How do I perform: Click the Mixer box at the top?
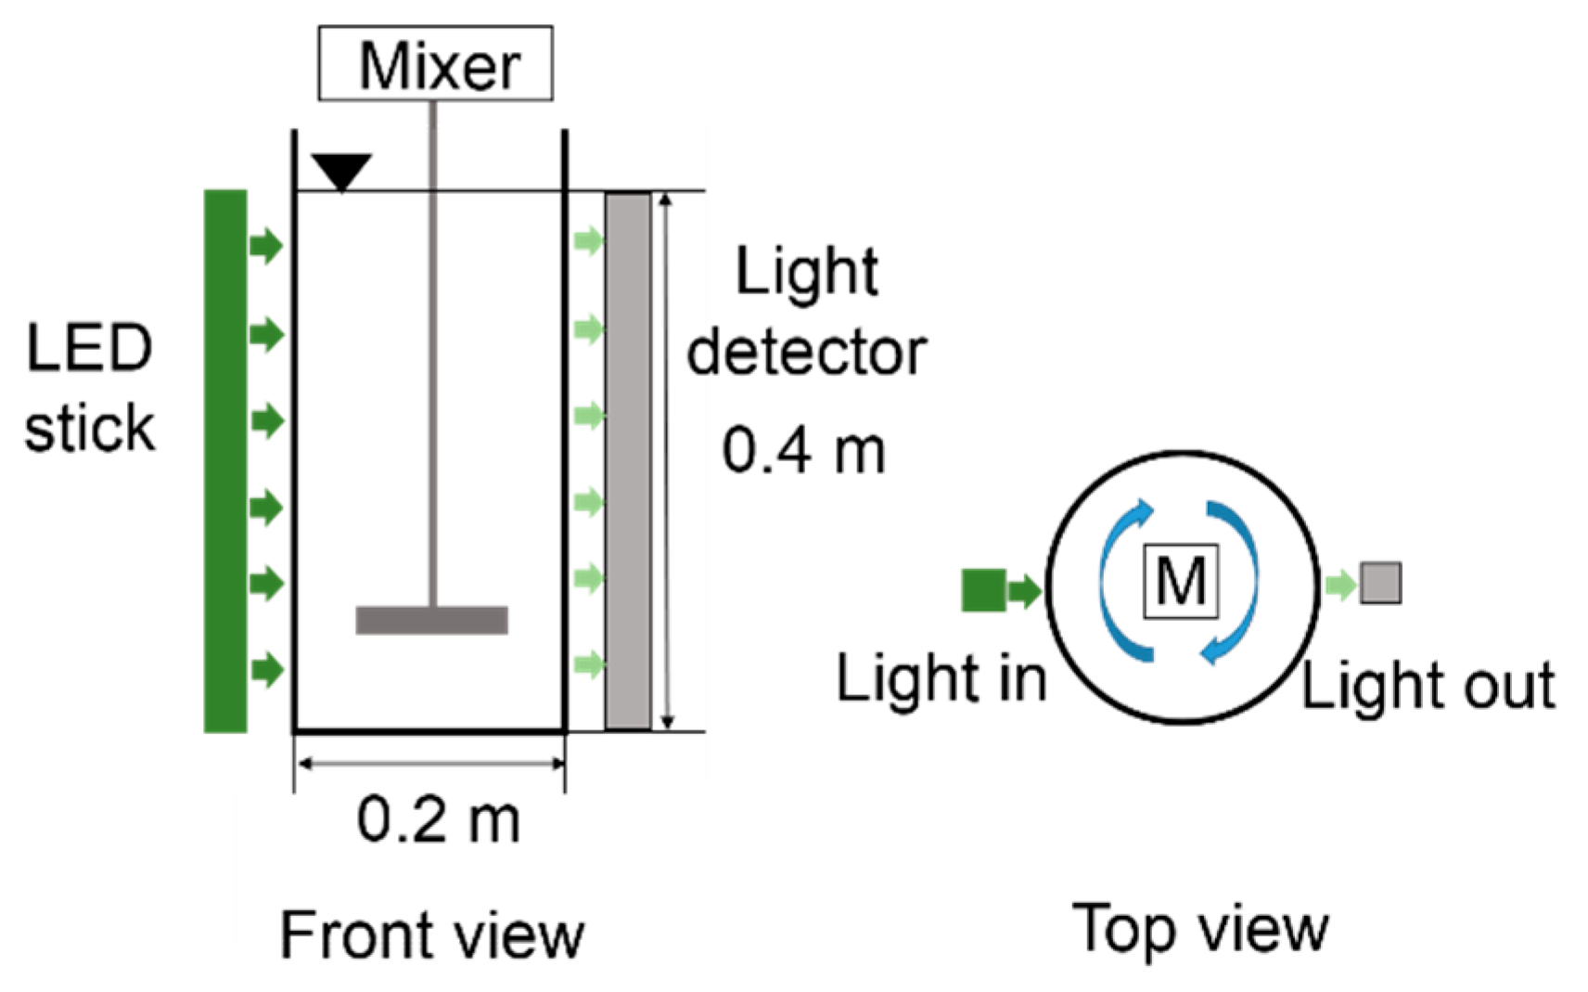tap(435, 63)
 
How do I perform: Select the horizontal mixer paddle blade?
tap(431, 620)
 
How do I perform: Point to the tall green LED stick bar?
tap(225, 461)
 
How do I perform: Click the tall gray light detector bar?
tap(628, 461)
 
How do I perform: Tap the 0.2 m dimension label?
tap(438, 820)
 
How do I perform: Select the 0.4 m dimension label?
tap(803, 450)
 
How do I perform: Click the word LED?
tap(89, 349)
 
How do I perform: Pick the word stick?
tap(89, 429)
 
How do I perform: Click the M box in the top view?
tap(1181, 582)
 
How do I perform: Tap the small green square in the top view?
tap(983, 590)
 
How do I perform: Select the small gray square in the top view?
tap(1380, 584)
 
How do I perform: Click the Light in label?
tap(941, 678)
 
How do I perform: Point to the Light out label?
tap(1428, 686)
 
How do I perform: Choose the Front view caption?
tap(432, 934)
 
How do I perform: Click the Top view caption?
tap(1200, 928)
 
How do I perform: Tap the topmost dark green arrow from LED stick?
tap(266, 246)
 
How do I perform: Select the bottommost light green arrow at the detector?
tap(589, 663)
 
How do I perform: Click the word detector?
tap(806, 353)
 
